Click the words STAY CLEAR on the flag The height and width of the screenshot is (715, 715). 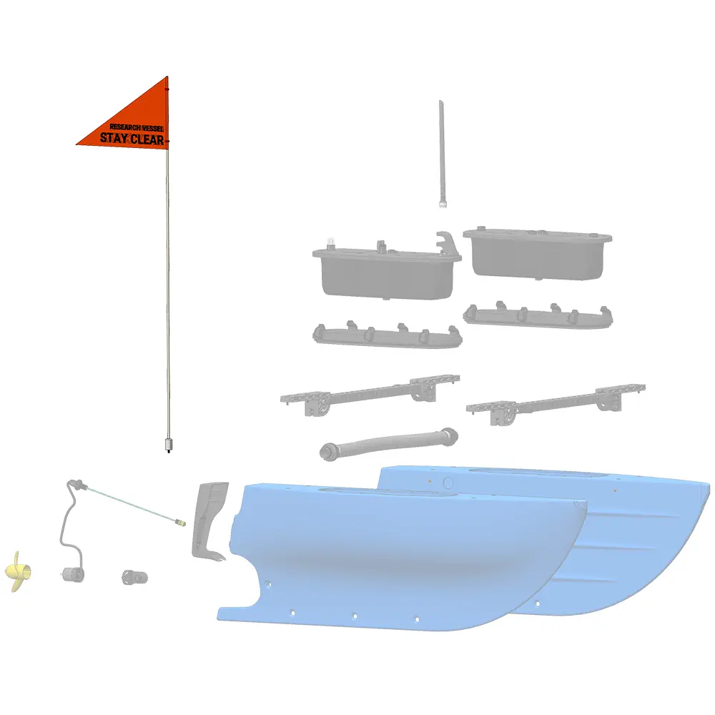[132, 139]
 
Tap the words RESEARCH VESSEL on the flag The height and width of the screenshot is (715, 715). [137, 127]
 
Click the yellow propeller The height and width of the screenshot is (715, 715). [19, 571]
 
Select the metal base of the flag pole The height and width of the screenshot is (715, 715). [168, 445]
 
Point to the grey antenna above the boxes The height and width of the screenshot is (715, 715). [441, 154]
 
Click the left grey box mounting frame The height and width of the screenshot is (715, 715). [387, 335]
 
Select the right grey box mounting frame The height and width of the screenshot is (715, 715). [538, 315]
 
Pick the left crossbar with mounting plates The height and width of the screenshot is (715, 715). [370, 393]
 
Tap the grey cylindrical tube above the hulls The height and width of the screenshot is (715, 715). [389, 443]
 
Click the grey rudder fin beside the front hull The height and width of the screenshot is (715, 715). [209, 521]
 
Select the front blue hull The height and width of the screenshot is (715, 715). [401, 557]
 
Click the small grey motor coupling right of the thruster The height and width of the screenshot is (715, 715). [135, 577]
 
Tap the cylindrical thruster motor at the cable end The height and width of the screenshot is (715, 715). [74, 575]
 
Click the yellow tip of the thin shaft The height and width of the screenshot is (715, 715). [181, 523]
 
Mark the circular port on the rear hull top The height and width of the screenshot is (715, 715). [448, 483]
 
